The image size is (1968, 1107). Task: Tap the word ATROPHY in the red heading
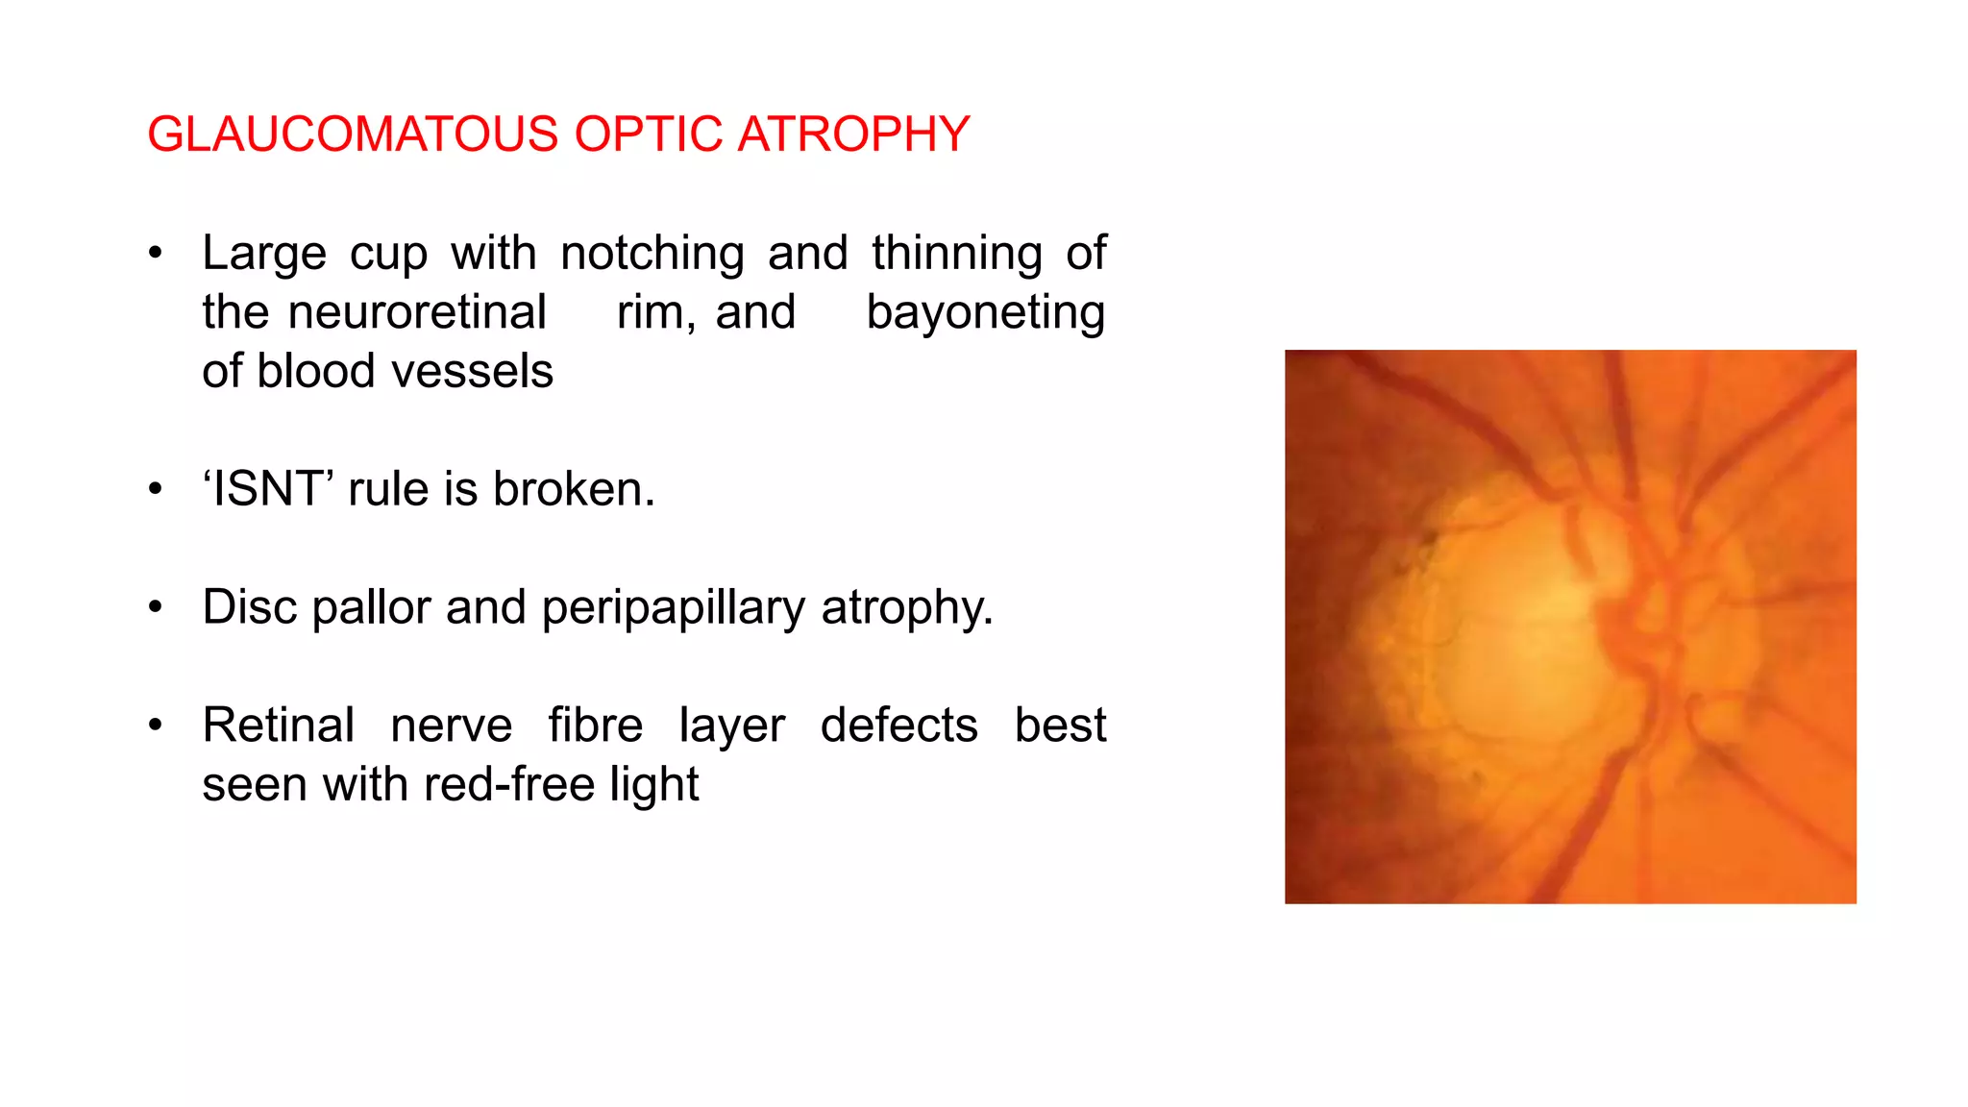(x=853, y=135)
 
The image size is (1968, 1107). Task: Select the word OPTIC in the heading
(x=648, y=135)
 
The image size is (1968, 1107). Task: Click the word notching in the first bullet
(x=652, y=254)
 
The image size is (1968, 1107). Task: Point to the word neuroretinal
(x=417, y=312)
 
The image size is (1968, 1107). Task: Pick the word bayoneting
(x=985, y=313)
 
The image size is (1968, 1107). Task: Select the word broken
(x=574, y=489)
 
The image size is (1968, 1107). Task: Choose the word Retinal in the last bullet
(x=279, y=726)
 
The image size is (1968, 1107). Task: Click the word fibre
(x=595, y=726)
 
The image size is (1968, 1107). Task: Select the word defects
(x=898, y=726)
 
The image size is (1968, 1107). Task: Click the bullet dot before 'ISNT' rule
(x=156, y=490)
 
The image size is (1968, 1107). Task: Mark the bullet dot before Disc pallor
(x=156, y=608)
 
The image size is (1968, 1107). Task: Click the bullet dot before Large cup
(x=156, y=255)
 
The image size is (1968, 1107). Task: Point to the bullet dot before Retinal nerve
(x=156, y=726)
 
